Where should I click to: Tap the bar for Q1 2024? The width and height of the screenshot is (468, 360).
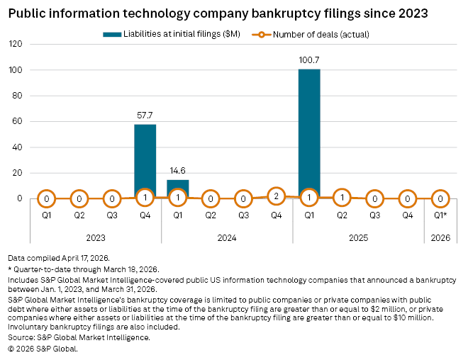coord(178,187)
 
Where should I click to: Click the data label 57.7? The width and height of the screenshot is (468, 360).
coord(145,114)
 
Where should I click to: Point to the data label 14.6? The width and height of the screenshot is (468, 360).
coord(178,170)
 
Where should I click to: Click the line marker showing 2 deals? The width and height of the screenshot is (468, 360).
coord(277,196)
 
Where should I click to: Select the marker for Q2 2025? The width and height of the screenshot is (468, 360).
coord(342,198)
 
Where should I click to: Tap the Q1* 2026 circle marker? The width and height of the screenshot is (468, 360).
coord(440,199)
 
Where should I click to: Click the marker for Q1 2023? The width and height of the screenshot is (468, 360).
coord(46,199)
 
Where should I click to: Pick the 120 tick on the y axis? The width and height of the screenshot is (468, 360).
coord(16,44)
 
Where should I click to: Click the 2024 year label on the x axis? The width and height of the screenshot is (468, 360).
coord(227,238)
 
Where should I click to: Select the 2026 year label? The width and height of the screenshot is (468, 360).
coord(440,238)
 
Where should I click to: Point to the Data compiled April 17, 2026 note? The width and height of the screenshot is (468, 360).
coord(59,260)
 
